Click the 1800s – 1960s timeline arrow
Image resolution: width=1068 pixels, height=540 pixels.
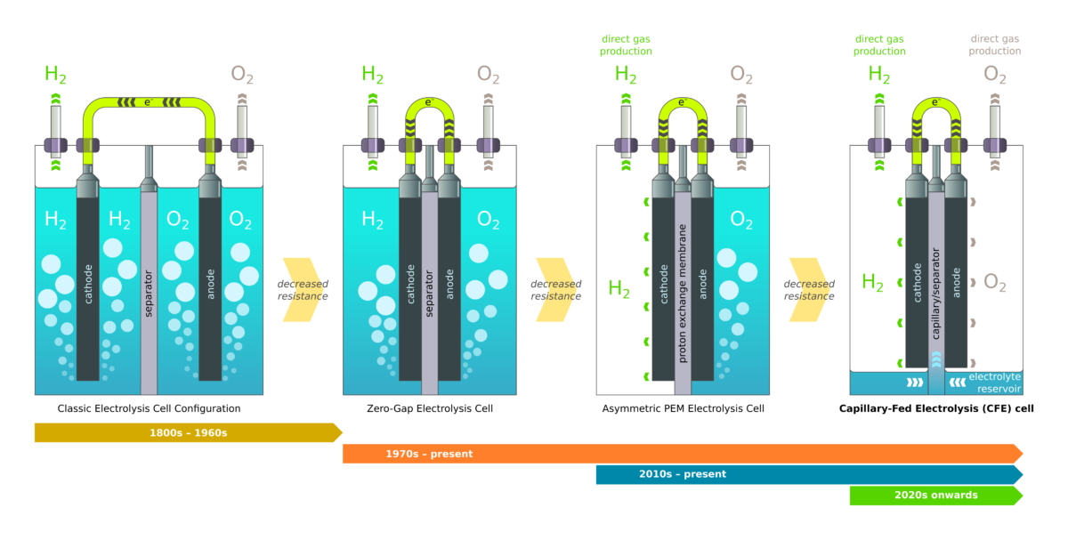click(x=188, y=432)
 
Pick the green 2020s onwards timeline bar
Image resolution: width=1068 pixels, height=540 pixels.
click(x=935, y=496)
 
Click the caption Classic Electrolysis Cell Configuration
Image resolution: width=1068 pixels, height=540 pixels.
click(x=149, y=408)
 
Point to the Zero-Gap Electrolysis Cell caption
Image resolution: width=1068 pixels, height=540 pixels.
click(x=429, y=408)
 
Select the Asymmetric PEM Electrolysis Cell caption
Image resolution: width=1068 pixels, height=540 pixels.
click(x=683, y=408)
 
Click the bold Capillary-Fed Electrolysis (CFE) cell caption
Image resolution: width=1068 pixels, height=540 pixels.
click(x=936, y=408)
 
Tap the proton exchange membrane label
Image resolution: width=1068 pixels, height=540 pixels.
click(x=683, y=294)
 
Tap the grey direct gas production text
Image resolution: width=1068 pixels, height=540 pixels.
click(x=995, y=45)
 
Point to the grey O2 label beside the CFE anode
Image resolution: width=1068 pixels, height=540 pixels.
click(x=994, y=284)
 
